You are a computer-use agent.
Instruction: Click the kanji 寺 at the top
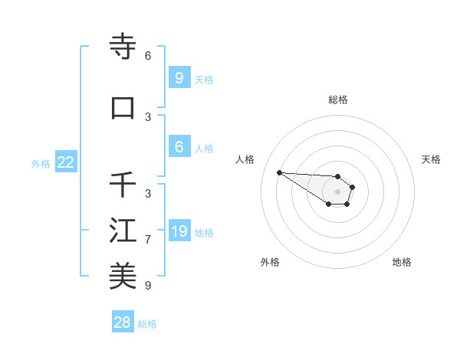[123, 47]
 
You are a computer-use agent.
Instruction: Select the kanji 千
[123, 185]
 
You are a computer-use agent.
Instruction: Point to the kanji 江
[123, 231]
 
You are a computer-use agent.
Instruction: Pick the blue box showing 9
[179, 77]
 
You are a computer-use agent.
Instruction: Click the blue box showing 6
[179, 147]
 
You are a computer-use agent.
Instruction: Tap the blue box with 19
[179, 231]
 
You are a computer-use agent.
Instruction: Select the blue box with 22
[66, 162]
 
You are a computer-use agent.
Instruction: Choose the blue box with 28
[123, 322]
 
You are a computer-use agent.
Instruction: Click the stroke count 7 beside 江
[148, 240]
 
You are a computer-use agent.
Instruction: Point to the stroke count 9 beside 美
[148, 286]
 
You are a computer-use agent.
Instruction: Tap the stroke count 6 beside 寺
[148, 56]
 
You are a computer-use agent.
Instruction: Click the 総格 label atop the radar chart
[338, 100]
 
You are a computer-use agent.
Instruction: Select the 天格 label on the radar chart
[431, 159]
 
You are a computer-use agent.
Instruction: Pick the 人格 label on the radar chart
[245, 159]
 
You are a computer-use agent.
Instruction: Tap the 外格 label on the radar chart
[269, 262]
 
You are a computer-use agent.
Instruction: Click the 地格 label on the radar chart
[402, 262]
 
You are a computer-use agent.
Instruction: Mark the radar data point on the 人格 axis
[279, 172]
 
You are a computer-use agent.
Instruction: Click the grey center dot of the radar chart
[337, 191]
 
